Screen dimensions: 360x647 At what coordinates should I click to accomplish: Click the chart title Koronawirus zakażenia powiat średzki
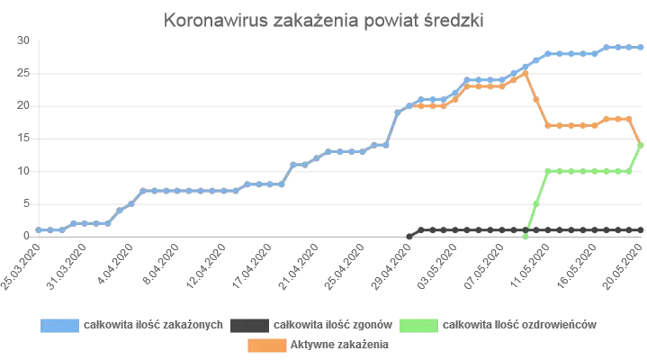point(324,22)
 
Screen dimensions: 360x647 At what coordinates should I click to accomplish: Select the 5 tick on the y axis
point(27,202)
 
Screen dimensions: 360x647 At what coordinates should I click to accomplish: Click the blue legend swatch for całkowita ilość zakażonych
point(59,325)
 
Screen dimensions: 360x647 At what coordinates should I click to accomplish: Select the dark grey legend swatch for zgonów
point(249,325)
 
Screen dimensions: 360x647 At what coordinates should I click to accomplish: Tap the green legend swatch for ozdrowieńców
point(419,325)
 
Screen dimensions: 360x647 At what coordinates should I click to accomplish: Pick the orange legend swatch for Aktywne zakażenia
point(265,344)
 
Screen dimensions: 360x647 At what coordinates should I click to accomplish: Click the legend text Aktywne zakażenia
point(339,344)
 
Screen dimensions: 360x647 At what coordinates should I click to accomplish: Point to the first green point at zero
point(526,236)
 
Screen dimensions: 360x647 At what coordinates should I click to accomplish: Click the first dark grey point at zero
point(410,236)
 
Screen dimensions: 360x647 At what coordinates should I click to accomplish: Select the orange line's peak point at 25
point(526,73)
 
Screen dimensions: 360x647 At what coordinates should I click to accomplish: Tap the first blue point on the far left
point(38,229)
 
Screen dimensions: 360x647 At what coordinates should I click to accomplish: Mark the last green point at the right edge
point(641,144)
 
